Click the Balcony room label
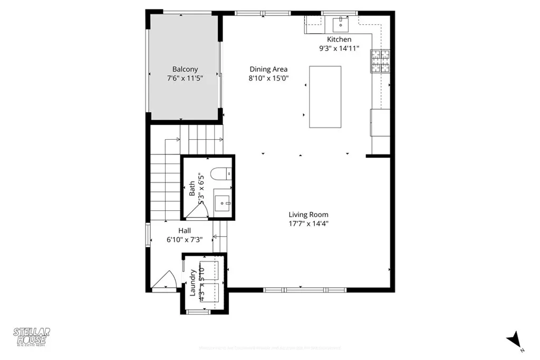[185, 69]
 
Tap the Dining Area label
[268, 69]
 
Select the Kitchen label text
[339, 40]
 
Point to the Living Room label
[308, 215]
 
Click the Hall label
[185, 230]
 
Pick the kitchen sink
[341, 23]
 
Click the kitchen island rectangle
[325, 96]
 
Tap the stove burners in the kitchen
[381, 61]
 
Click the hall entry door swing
[165, 280]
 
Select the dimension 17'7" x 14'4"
[308, 223]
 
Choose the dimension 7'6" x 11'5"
[185, 78]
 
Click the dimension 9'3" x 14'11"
[339, 48]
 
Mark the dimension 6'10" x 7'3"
[185, 239]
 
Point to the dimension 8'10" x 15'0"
[268, 78]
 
